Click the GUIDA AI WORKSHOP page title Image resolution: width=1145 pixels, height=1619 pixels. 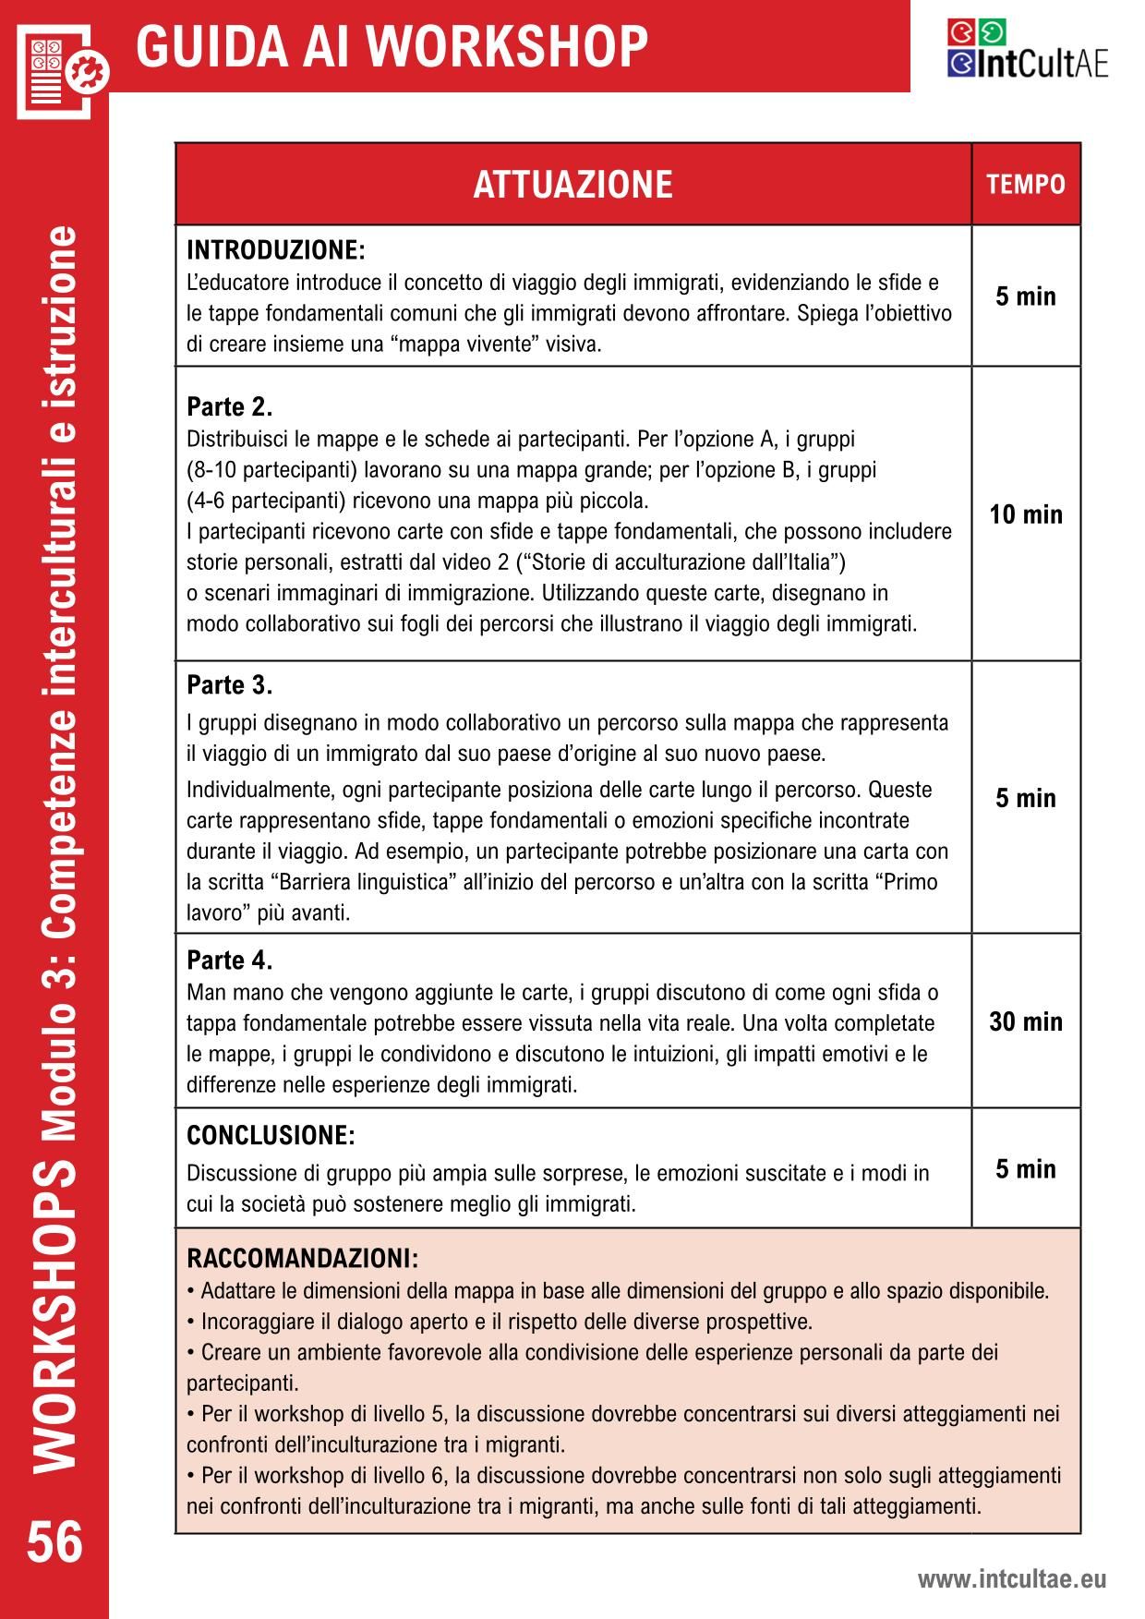coord(392,46)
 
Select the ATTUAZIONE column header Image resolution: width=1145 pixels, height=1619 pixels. coord(572,185)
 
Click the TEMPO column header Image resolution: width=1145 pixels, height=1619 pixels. coord(1026,185)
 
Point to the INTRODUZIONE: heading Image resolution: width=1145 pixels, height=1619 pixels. coord(276,250)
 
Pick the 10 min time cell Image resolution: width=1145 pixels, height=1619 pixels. coord(1026,514)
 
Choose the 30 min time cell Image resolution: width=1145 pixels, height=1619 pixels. coord(1026,1021)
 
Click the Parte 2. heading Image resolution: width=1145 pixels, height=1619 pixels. coord(229,407)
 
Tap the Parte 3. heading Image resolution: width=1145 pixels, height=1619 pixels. coord(229,685)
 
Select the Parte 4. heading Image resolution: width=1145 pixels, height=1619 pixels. coord(229,961)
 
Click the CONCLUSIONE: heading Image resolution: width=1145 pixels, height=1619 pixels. coord(271,1135)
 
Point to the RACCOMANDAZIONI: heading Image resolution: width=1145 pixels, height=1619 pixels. coord(302,1259)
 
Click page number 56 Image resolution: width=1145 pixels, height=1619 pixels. coord(54,1543)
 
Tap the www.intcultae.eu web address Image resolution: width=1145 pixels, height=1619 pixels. coord(1011,1579)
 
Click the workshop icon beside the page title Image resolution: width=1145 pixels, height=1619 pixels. coord(61,70)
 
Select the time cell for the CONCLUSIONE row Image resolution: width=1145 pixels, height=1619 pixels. coord(1026,1169)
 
